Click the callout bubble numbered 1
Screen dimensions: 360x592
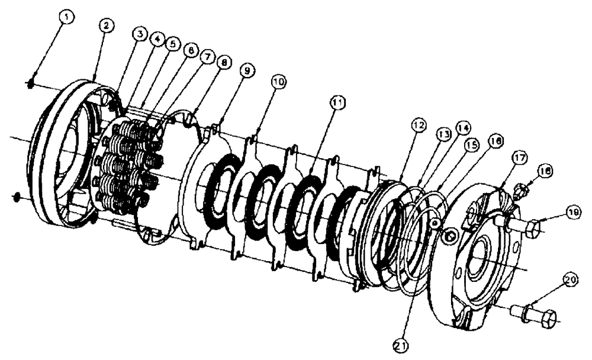click(67, 18)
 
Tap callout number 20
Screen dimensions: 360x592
click(570, 277)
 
